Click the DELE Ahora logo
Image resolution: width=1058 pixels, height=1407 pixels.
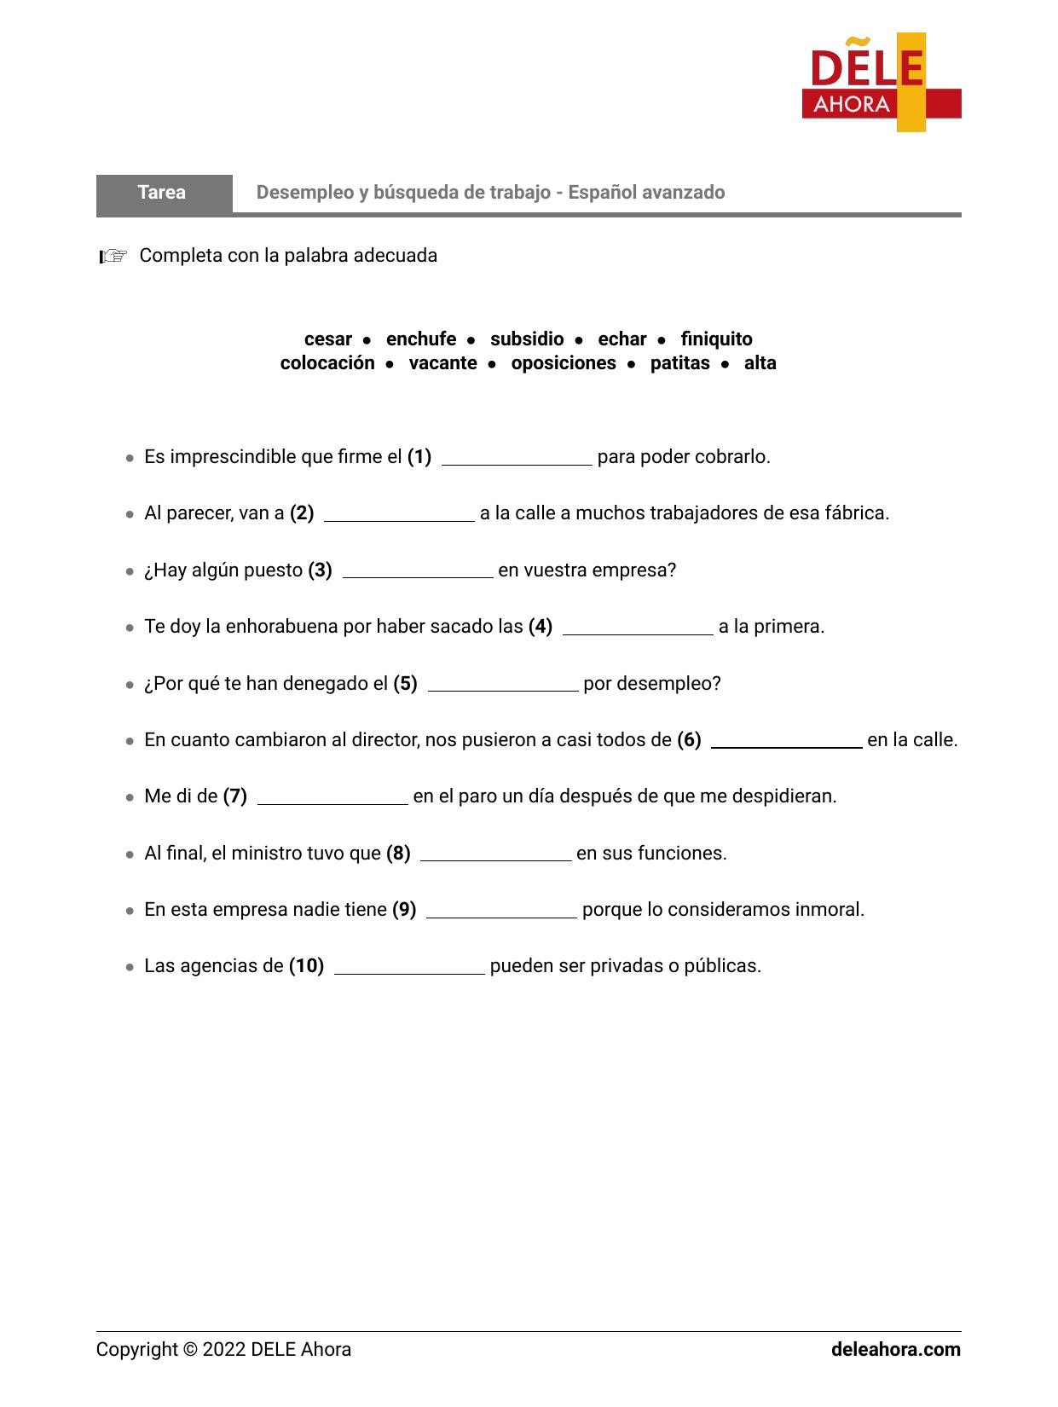click(881, 83)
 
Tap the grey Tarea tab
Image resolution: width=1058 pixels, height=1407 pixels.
click(163, 193)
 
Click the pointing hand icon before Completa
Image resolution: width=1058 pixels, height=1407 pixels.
click(113, 256)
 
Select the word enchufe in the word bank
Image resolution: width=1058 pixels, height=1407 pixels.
click(421, 339)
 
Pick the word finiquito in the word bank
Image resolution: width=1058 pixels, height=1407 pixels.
click(716, 339)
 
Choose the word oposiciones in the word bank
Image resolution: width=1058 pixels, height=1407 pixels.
click(564, 363)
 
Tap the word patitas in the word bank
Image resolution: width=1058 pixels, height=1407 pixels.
click(679, 363)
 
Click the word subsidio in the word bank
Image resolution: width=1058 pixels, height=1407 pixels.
click(527, 339)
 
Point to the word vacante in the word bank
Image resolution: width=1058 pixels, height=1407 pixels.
click(442, 363)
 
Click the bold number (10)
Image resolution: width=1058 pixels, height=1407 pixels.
click(306, 966)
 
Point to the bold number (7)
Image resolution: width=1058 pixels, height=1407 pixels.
click(234, 796)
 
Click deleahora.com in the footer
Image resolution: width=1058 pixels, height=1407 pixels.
click(895, 1350)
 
